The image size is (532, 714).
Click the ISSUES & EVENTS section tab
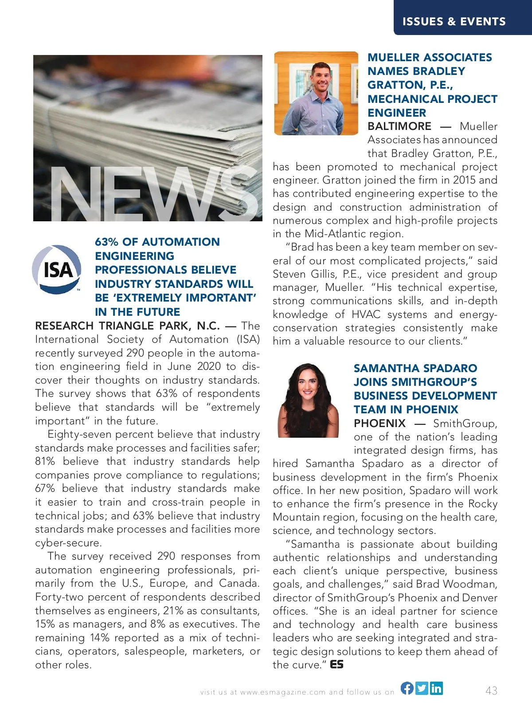454,21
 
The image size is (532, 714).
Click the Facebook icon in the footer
407,688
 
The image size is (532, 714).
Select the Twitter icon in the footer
422,688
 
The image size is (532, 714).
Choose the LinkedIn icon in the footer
436,688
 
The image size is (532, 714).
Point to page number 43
491,690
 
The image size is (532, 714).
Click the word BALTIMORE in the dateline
399,126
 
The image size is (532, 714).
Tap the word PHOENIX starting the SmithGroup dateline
379,424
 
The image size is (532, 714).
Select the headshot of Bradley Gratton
316,93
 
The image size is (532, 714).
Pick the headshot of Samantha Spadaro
308,400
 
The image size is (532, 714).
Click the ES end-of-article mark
337,664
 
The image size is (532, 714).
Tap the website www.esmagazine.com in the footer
283,692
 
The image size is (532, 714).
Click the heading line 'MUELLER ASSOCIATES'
430,57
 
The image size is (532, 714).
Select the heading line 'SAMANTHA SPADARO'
415,368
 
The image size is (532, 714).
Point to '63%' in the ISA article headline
106,242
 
